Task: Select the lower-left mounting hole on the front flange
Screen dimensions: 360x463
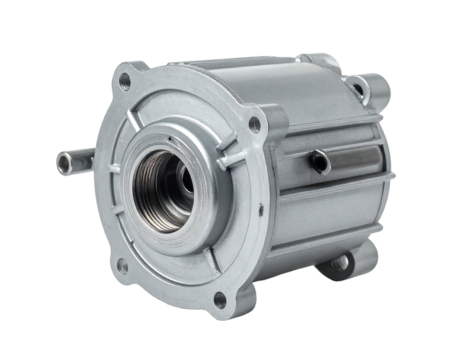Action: tap(120, 266)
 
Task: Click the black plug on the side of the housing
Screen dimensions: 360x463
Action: tap(317, 160)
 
